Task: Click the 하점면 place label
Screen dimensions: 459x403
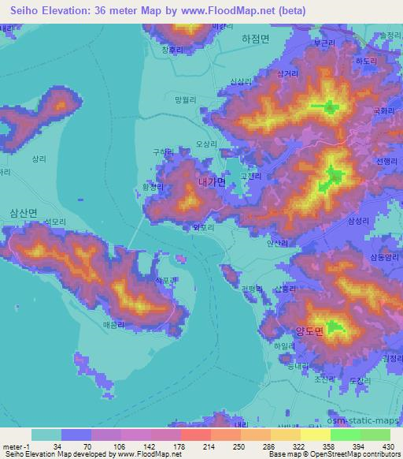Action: point(255,39)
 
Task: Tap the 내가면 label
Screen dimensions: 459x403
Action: point(213,182)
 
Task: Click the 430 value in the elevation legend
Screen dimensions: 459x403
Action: point(388,446)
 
